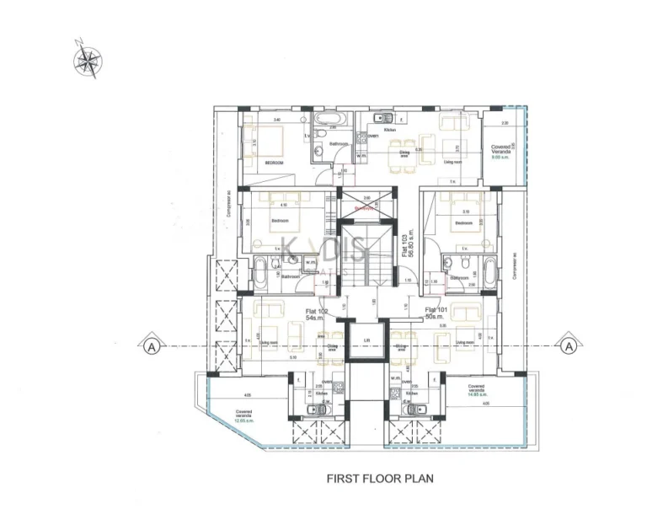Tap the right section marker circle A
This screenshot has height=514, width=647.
(x=569, y=346)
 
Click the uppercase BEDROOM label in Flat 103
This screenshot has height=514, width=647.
(x=274, y=162)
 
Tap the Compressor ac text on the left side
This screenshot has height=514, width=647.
(x=230, y=221)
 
